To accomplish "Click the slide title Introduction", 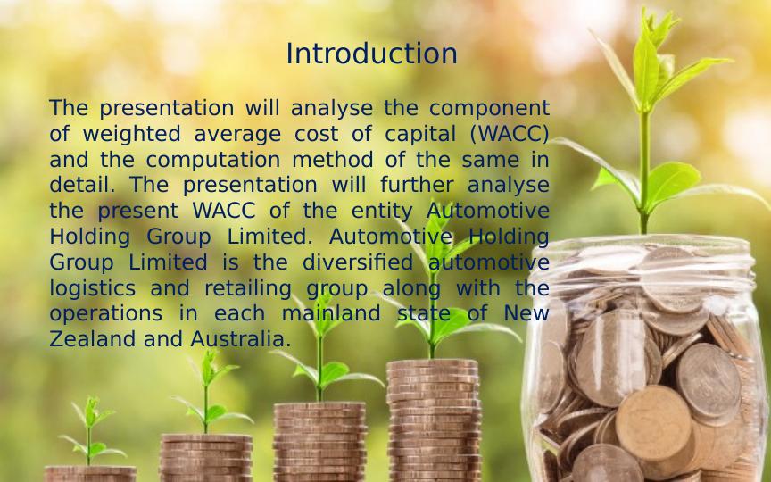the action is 371,54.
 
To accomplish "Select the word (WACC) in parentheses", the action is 510,134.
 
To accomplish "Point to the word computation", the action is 213,161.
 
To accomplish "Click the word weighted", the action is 132,135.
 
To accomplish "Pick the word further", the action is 417,185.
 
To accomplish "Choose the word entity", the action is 382,212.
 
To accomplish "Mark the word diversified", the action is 358,262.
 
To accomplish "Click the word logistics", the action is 93,288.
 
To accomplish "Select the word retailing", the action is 248,288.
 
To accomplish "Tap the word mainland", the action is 331,312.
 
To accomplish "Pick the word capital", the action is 420,135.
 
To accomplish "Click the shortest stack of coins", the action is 90,474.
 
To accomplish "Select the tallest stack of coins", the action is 434,420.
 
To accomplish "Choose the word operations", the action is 105,314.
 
